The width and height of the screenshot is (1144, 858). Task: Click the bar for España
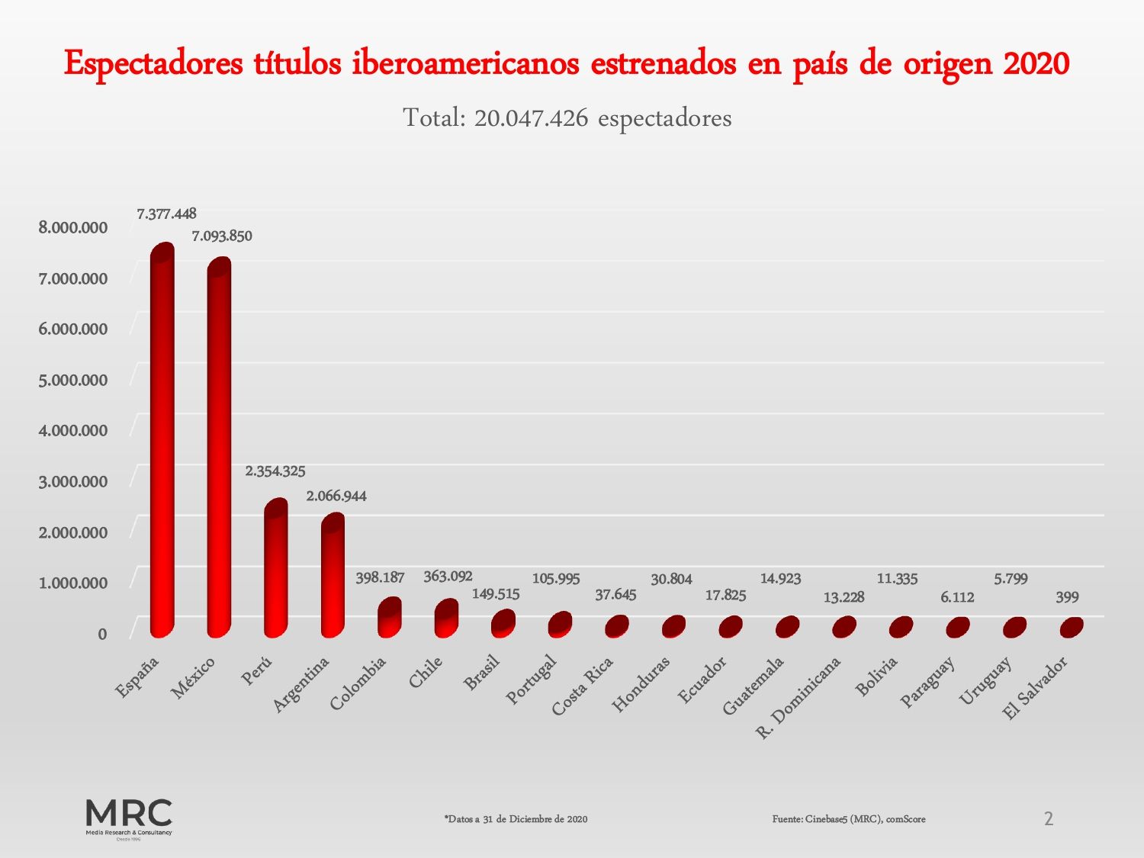(162, 442)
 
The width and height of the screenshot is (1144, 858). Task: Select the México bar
(219, 450)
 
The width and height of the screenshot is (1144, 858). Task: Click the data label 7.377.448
(166, 214)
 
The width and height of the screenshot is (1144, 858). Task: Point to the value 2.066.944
(336, 496)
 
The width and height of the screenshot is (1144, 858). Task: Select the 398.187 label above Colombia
(380, 578)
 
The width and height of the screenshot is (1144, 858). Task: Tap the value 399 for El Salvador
(1067, 598)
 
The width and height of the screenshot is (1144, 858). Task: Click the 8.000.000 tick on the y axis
(73, 228)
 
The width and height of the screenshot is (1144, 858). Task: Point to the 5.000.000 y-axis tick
(73, 381)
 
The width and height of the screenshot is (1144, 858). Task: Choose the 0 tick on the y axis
(102, 635)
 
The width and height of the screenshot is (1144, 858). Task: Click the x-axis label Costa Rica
(583, 686)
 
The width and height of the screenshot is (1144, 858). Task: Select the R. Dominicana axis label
(798, 698)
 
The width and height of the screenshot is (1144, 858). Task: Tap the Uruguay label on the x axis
(985, 680)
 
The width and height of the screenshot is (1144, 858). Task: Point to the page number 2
(1049, 819)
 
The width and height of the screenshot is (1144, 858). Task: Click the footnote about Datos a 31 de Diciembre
(516, 819)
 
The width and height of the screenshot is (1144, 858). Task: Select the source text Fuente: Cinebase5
(849, 819)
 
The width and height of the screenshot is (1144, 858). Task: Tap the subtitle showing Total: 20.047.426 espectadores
(567, 118)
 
